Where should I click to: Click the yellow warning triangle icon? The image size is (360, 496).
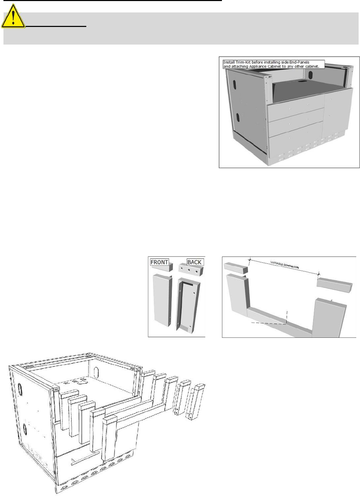tap(13, 17)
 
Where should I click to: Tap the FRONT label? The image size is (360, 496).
tap(159, 262)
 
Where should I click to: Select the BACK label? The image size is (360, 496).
tap(194, 262)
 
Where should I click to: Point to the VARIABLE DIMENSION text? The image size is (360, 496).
tap(284, 265)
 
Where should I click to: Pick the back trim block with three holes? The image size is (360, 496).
tap(191, 269)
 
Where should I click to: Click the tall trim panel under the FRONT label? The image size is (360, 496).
tap(163, 299)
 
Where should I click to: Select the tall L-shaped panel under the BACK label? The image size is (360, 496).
tap(188, 304)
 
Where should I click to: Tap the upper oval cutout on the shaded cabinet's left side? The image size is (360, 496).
tap(235, 84)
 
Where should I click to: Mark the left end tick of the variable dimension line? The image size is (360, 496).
tap(250, 259)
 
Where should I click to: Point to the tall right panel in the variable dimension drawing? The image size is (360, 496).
tap(329, 317)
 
